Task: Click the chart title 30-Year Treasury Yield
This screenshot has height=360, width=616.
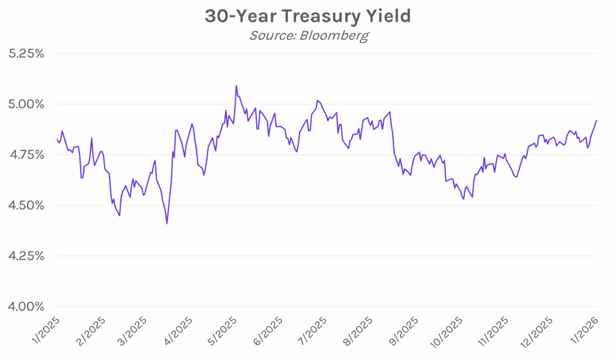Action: [307, 16]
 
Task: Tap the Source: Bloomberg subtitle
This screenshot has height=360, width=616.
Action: [308, 36]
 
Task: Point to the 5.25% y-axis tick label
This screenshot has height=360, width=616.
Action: [27, 54]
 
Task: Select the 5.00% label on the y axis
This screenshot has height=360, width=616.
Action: [27, 104]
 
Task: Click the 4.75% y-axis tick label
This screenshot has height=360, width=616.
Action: [27, 155]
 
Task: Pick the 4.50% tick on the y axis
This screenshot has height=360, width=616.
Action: [27, 205]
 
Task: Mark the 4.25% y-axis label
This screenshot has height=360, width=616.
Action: [27, 256]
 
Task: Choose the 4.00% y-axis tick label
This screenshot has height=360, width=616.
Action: [27, 306]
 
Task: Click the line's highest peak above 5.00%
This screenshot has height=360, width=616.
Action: [236, 85]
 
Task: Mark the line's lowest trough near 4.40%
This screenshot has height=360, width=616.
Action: [167, 224]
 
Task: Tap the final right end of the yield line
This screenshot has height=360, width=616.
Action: [597, 120]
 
